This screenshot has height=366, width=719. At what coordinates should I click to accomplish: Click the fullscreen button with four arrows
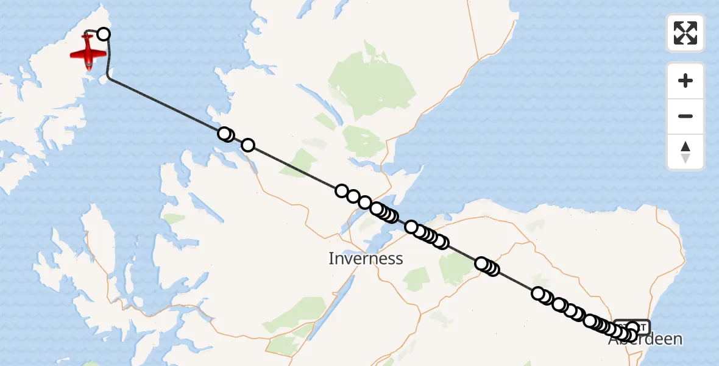(x=685, y=33)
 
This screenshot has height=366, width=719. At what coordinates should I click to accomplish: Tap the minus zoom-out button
(x=685, y=116)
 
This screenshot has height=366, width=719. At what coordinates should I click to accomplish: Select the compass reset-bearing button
(x=685, y=152)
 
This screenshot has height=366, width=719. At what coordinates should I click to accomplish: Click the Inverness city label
(x=366, y=259)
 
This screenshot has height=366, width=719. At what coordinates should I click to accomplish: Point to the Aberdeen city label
(x=645, y=340)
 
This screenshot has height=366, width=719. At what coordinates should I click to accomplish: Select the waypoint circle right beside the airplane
(x=104, y=34)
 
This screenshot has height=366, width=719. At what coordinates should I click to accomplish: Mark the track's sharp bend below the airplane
(x=108, y=76)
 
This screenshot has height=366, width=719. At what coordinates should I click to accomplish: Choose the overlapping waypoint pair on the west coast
(x=225, y=134)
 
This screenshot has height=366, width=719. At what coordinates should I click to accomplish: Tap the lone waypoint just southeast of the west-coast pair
(x=248, y=145)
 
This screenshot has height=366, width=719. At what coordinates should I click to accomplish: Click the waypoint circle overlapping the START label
(x=632, y=328)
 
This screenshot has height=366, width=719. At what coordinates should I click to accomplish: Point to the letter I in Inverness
(x=331, y=259)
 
